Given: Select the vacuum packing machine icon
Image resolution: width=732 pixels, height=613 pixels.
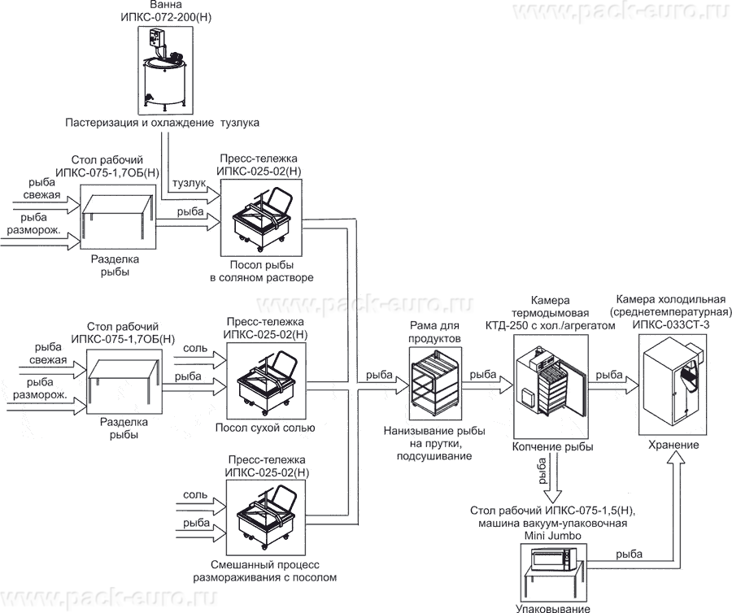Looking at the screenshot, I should pyautogui.click(x=554, y=561).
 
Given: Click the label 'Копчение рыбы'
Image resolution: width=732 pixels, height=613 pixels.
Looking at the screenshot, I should pyautogui.click(x=552, y=447).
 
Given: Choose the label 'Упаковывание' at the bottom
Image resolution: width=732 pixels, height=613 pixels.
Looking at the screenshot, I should pyautogui.click(x=552, y=607).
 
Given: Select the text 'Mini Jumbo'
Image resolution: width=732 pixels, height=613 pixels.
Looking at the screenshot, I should pyautogui.click(x=552, y=534).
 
